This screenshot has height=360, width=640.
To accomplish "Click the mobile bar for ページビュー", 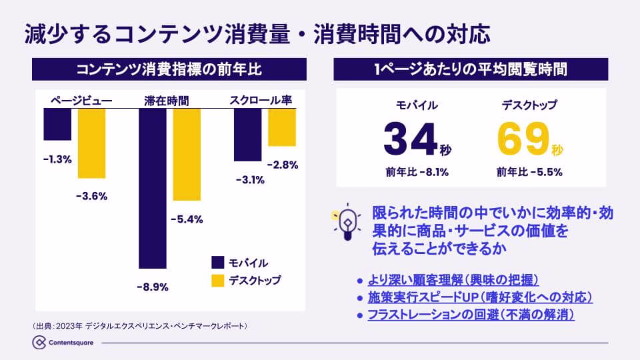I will [57, 124].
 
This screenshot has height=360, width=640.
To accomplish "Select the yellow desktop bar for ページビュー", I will [92, 143].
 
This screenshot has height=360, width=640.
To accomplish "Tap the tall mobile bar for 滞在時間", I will [152, 188].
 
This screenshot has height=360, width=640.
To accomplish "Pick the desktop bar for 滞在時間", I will [187, 154].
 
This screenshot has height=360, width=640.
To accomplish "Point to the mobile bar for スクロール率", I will [248, 135].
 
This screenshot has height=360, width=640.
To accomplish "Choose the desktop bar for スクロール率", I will [282, 127].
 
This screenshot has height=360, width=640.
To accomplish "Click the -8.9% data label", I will [153, 287].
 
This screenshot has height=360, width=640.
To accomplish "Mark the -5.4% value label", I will [187, 219].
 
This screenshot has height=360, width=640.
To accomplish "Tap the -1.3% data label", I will [57, 159].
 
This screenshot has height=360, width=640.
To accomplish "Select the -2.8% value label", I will [283, 165].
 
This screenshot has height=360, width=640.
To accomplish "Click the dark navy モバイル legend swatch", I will [218, 263].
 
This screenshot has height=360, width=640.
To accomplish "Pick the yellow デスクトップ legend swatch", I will [218, 280].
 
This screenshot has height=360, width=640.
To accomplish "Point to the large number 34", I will [410, 139].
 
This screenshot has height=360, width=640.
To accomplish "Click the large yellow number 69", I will [523, 139].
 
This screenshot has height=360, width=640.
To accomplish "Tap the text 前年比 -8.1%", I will [417, 172].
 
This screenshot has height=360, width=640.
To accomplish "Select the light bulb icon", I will [347, 222].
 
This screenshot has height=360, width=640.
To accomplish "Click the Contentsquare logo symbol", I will [39, 343].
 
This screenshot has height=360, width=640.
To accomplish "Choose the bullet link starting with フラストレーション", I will [471, 315].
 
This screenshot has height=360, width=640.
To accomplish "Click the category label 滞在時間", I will [166, 101].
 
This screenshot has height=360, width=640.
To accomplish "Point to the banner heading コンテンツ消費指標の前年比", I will [169, 69].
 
